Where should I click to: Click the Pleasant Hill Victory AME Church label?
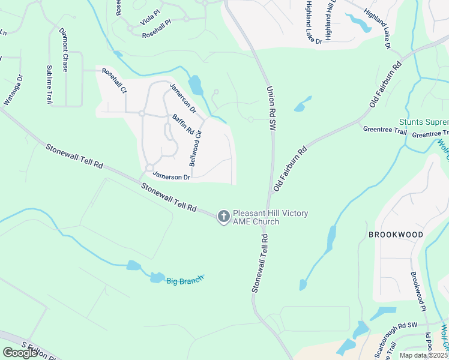256,217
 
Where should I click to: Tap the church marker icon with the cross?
223,217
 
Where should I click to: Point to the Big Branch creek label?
185,279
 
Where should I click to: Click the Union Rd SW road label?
271,108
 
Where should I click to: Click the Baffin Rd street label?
182,124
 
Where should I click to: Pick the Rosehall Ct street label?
114,81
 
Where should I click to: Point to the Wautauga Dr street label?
13,90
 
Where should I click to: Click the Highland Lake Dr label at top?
313,22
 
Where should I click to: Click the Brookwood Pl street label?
418,291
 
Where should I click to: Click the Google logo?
20,353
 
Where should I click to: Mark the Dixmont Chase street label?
63,50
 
